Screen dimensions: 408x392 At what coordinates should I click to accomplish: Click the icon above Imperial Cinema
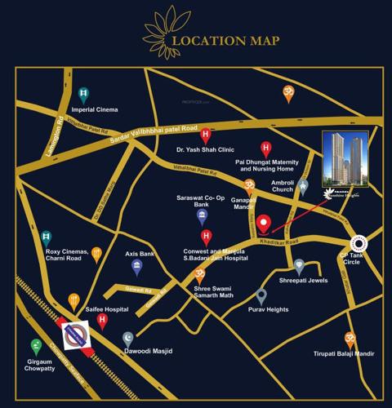click(x=83, y=94)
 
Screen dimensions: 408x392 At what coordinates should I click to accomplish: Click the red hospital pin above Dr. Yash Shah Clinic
click(x=205, y=134)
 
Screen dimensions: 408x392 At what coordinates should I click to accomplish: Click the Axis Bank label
click(x=140, y=254)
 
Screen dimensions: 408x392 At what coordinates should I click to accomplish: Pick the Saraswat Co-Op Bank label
click(x=202, y=201)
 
